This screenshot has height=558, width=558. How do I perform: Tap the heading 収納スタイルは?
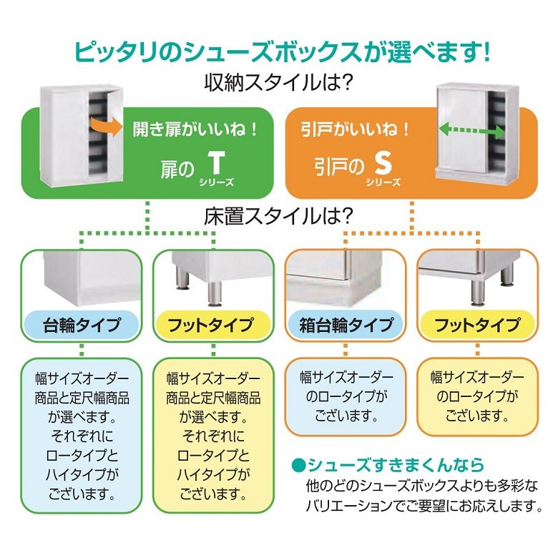(x=278, y=84)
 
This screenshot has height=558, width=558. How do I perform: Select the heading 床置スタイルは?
(x=278, y=215)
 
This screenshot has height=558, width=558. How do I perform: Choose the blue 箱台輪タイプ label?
(x=346, y=325)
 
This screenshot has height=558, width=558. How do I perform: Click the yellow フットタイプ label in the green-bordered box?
(x=213, y=325)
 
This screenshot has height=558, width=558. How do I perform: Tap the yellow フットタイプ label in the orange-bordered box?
(x=477, y=325)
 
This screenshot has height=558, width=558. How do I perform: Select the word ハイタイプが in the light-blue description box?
(x=82, y=474)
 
